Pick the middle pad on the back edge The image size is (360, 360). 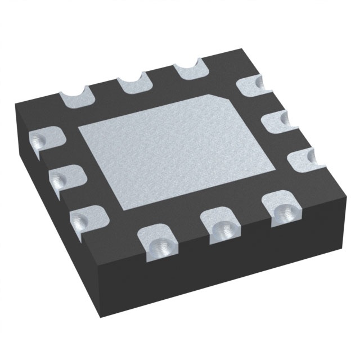pyautogui.click(x=133, y=84)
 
